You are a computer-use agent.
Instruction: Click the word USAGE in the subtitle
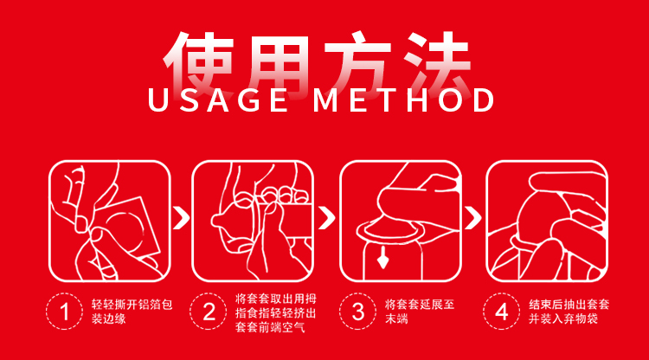tap(218, 100)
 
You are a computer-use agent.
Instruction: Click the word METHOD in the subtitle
tap(403, 100)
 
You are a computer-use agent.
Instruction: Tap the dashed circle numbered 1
tap(65, 312)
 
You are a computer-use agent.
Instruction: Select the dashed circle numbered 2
tap(209, 312)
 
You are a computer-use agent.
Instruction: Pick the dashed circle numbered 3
tap(357, 312)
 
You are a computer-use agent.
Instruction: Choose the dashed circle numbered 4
tap(502, 312)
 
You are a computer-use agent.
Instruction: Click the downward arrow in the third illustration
tap(382, 257)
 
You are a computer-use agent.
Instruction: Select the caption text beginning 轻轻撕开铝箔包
tap(132, 312)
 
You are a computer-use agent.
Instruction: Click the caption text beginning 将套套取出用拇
tap(276, 312)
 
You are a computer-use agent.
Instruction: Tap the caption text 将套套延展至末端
tap(420, 312)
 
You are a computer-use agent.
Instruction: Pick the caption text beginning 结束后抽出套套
tap(569, 312)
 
